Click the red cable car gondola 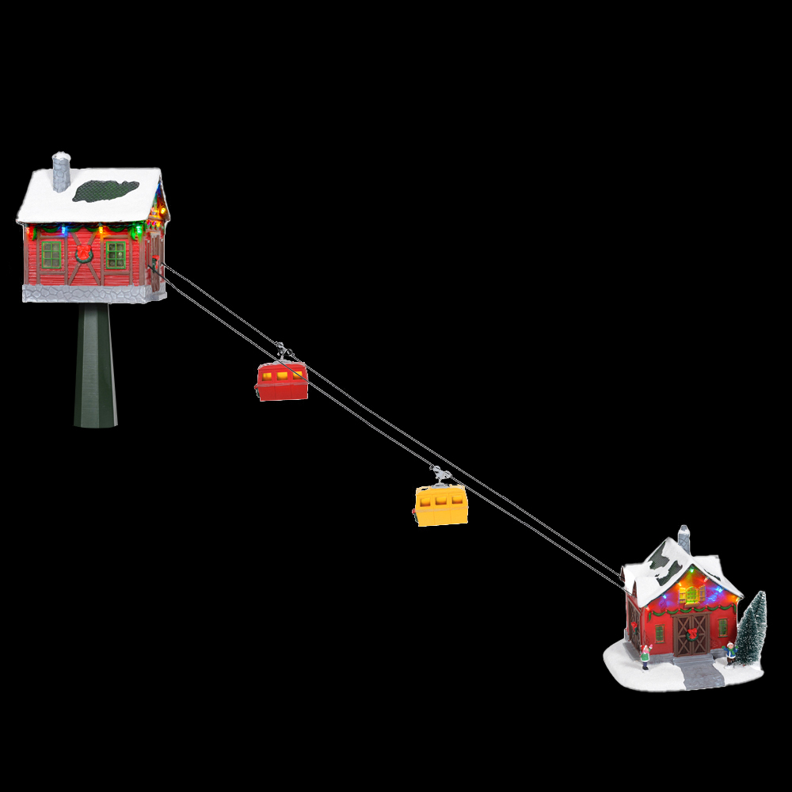pos(281,382)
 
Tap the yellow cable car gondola pos(441,505)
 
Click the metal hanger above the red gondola pos(283,351)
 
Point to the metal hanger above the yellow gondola pos(441,474)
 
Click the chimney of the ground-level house pos(683,538)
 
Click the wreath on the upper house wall pos(83,253)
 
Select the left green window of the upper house pos(51,254)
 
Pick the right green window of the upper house pos(116,254)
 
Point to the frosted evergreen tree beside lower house pos(752,630)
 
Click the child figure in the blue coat pos(730,653)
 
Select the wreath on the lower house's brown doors pos(692,633)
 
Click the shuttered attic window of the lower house pos(691,594)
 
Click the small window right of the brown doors pos(722,626)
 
